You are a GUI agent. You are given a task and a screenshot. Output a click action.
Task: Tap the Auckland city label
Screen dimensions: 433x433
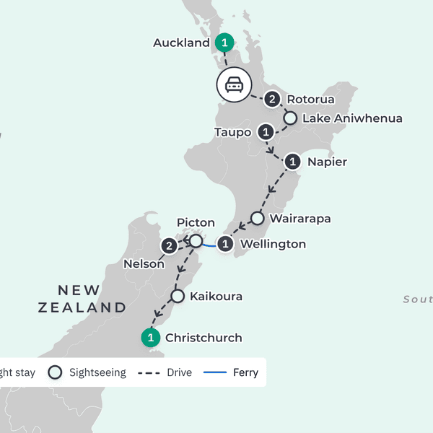point(181,43)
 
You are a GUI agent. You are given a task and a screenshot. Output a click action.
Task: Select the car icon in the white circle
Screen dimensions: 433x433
point(234,85)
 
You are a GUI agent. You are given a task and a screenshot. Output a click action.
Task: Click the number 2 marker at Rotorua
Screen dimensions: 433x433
point(272,100)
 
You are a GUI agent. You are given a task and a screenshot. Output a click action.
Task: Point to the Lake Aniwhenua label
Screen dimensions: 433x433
point(352,118)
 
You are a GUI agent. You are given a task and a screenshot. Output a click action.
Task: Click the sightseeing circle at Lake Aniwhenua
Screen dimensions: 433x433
point(290,118)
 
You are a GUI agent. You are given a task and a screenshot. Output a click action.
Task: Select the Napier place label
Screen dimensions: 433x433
point(327,162)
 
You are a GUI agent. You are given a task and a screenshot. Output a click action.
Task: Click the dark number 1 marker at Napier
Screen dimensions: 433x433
point(292,161)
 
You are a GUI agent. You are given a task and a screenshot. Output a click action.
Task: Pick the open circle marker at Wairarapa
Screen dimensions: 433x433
point(257,217)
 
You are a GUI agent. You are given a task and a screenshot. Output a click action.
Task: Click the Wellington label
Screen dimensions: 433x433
point(273,244)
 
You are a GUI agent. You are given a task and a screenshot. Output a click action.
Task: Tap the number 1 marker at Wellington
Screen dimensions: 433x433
point(226,245)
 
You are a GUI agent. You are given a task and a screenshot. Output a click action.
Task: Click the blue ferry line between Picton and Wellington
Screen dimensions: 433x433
point(209,245)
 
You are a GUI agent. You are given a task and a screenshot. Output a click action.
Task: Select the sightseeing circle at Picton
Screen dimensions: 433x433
point(195,240)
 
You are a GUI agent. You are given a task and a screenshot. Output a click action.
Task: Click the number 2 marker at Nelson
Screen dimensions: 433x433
point(170,247)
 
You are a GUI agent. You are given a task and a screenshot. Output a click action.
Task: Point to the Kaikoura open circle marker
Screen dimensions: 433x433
point(177,296)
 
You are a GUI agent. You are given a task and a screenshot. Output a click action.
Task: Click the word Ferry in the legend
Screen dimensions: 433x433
point(245,373)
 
